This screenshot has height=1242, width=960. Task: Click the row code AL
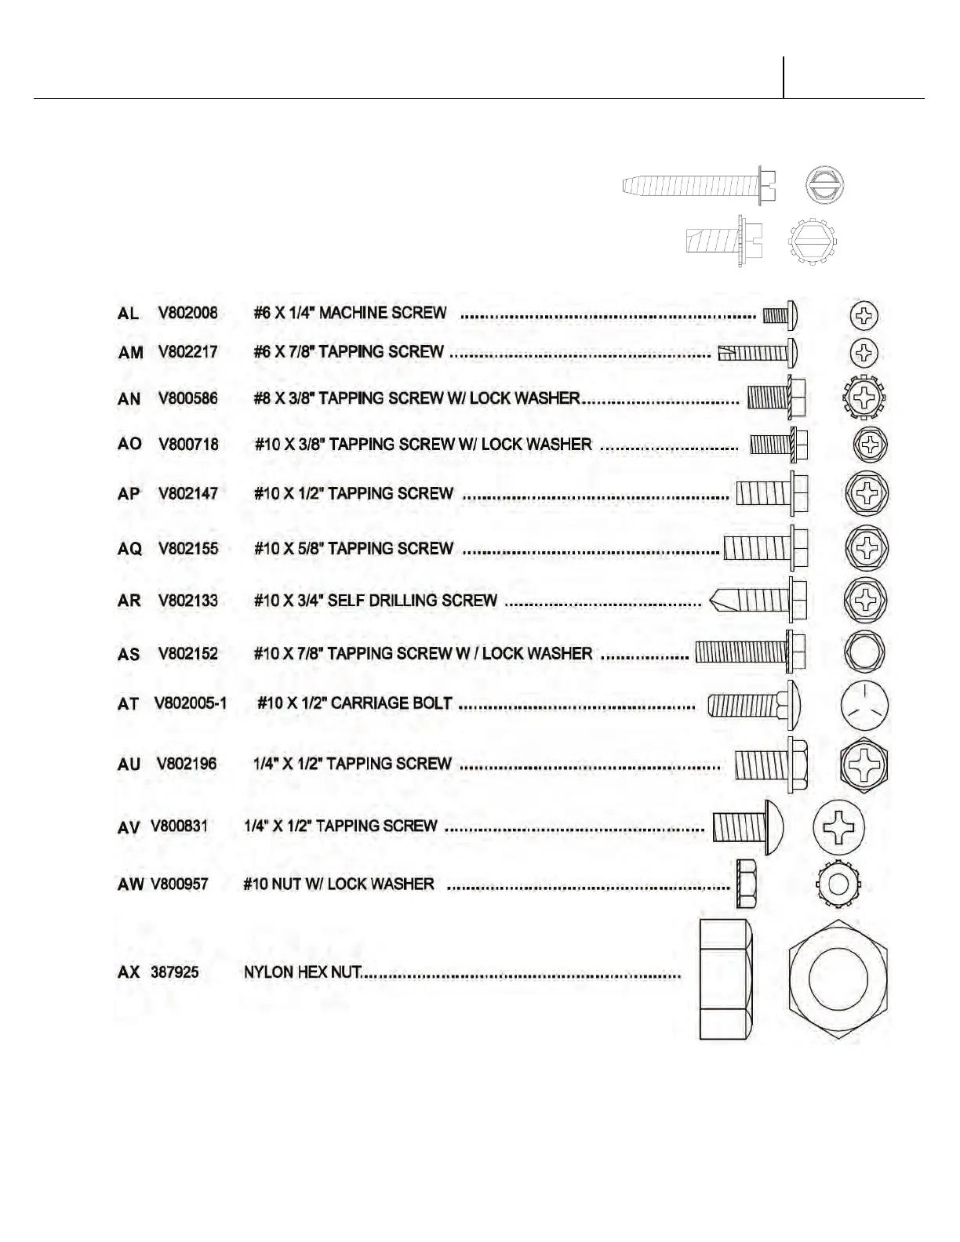point(128,314)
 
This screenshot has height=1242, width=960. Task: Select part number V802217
point(188,352)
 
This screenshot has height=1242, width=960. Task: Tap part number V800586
point(188,398)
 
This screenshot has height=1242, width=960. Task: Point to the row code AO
point(129,444)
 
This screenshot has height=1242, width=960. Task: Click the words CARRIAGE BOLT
point(391,703)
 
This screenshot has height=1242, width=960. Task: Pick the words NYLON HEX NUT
point(303,972)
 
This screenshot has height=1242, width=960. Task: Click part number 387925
point(174,972)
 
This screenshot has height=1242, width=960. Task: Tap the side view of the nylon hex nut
point(726,980)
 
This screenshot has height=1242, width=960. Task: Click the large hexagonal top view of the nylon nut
point(838,980)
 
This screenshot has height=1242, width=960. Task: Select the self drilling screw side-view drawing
point(758,601)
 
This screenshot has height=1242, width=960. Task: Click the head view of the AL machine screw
point(864,316)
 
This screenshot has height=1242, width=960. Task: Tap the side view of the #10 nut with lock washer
point(746,883)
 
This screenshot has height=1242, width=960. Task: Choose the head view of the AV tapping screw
point(838,827)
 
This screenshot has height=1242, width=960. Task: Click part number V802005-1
point(191,703)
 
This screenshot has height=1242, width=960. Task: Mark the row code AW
point(130,884)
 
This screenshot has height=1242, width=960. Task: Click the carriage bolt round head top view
point(864,706)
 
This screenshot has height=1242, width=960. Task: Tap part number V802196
point(187,764)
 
